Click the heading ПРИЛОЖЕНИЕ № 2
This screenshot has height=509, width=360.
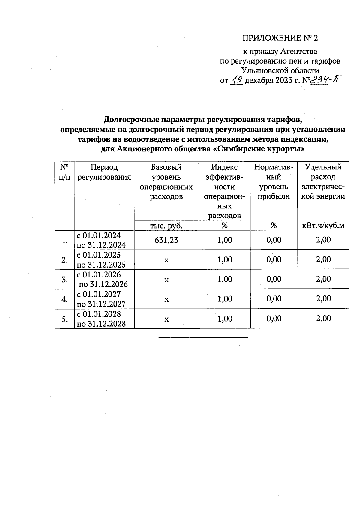coord(280,38)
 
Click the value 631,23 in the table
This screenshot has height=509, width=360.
coord(166,240)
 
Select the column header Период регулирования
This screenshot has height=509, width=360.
coord(104,172)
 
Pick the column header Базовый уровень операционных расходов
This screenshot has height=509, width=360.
coord(166,182)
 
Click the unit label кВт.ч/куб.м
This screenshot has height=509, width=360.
coord(323,226)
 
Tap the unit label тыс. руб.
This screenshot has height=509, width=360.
coord(166,226)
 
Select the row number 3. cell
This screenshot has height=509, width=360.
coord(64,280)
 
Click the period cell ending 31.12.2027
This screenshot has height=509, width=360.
coord(101,299)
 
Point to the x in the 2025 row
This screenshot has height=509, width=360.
coord(166,260)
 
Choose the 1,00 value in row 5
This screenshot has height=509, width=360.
coord(225,319)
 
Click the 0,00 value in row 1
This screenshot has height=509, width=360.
coord(274,240)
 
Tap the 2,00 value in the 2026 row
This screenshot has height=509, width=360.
coord(323,279)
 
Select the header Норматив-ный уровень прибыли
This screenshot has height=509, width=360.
coord(274,182)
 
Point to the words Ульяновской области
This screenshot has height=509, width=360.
coord(280,71)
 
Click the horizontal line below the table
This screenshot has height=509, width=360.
coord(203,338)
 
